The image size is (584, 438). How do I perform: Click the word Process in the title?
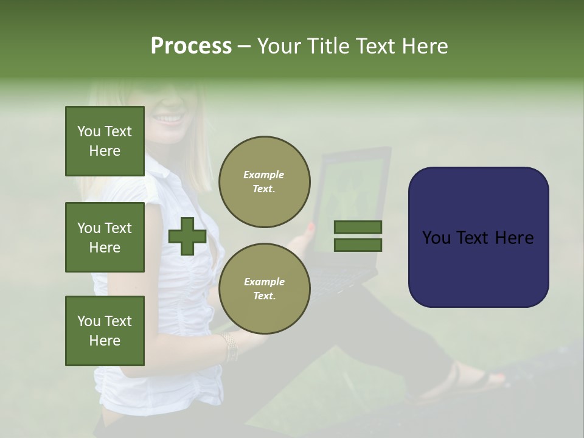tap(191, 46)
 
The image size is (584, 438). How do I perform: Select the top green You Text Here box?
tap(105, 141)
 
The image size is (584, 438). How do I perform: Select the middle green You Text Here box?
tap(105, 237)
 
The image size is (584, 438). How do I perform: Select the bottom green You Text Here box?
tap(105, 330)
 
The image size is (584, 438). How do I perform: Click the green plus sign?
tap(187, 236)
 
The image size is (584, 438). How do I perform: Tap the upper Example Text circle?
tap(264, 182)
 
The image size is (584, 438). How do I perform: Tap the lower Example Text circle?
tap(264, 288)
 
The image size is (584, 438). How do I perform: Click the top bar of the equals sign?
tap(358, 228)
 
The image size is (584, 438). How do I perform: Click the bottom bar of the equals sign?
tap(358, 245)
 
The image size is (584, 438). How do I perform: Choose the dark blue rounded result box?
tap(478, 237)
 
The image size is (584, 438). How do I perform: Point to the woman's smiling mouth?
tap(170, 118)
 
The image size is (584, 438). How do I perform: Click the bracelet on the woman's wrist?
tap(229, 346)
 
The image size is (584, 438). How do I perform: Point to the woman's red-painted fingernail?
tap(311, 228)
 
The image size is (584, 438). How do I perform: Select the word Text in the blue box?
tap(481, 237)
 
